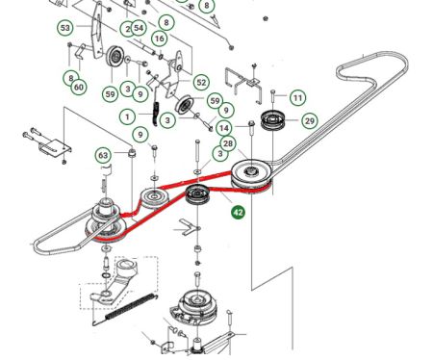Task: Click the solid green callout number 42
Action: point(238,212)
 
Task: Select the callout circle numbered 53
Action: point(65,28)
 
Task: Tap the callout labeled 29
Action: point(310,121)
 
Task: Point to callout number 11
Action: point(298,97)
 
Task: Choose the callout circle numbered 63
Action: point(103,156)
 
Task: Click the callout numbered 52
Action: point(201,83)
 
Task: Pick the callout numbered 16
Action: point(160,39)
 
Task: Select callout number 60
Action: point(79,87)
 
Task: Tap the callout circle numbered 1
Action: point(127,116)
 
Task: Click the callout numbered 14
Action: point(224,128)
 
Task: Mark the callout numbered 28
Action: point(228,143)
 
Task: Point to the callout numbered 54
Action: point(139,28)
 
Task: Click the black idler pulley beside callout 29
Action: point(272,120)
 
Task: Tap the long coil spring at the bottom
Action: point(131,307)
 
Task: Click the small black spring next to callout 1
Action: point(156,114)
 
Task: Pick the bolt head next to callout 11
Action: point(273,92)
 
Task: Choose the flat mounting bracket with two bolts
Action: point(55,147)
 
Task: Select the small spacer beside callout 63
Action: point(132,153)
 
